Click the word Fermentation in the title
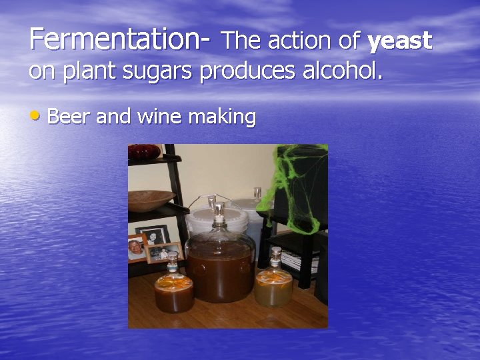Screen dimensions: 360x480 click(113, 39)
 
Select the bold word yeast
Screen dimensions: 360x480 click(400, 41)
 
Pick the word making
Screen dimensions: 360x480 click(222, 117)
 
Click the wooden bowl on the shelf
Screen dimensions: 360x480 click(151, 199)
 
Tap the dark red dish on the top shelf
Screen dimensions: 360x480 click(144, 151)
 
